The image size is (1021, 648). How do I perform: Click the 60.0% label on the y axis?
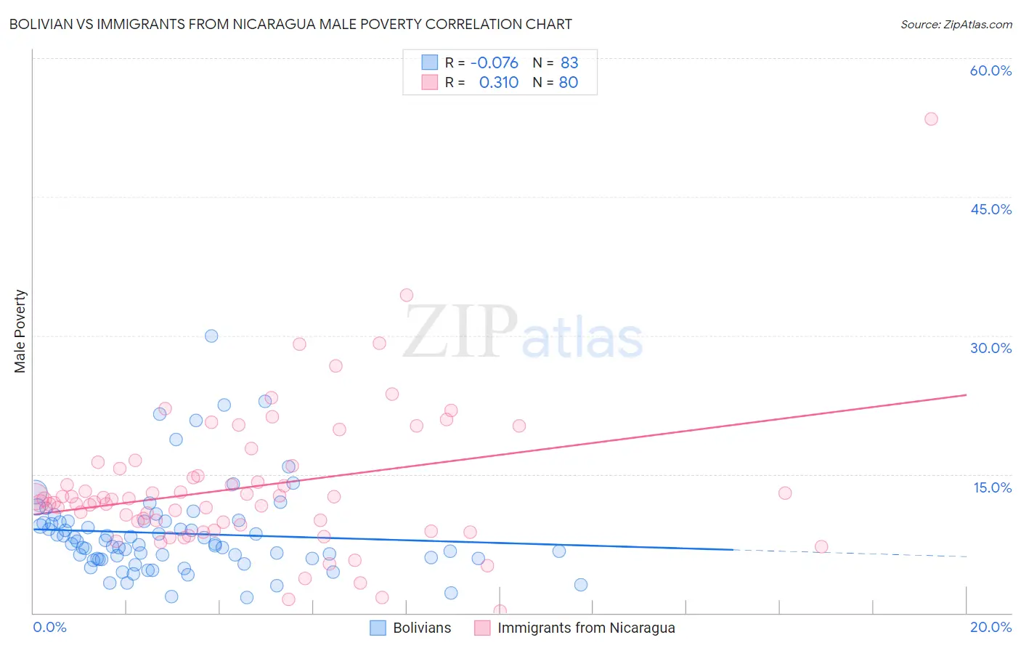[991, 70]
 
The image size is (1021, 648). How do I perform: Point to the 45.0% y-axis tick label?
[991, 209]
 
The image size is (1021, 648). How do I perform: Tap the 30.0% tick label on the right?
[991, 348]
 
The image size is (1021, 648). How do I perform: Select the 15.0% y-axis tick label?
[992, 487]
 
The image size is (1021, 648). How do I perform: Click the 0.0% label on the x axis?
[49, 627]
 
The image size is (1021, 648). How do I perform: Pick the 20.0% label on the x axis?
[991, 627]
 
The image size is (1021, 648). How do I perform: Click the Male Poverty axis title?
[20, 331]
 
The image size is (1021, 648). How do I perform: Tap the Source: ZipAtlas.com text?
[956, 24]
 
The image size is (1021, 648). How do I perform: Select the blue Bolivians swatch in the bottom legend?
[378, 628]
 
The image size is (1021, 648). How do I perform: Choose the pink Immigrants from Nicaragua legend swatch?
[482, 628]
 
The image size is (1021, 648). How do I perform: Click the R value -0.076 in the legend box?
[494, 63]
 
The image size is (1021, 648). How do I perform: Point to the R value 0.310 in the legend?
[499, 83]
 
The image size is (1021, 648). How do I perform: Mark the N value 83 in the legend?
[569, 63]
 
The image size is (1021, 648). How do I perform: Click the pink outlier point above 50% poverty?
[931, 119]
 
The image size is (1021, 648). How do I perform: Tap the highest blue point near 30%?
[211, 336]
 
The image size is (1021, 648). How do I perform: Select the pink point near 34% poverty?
[407, 295]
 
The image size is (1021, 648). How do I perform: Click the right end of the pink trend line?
[966, 394]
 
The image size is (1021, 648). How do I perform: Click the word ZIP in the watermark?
[460, 333]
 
